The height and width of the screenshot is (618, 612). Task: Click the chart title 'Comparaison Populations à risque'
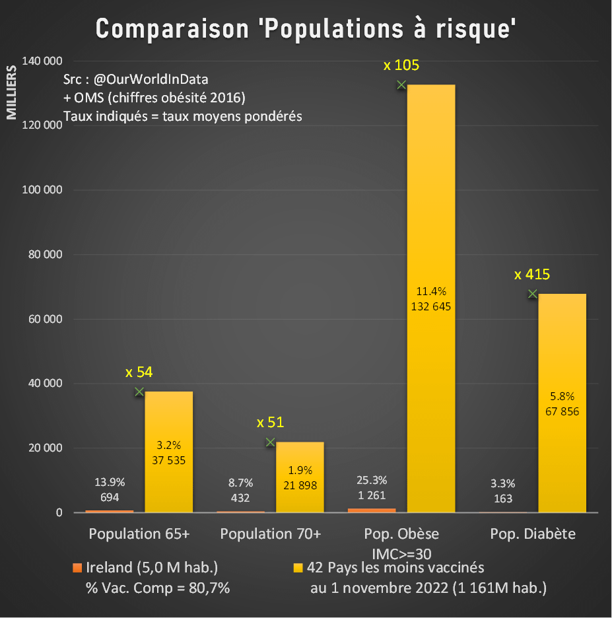pyautogui.click(x=306, y=29)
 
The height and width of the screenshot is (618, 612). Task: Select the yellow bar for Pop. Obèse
pyautogui.click(x=430, y=198)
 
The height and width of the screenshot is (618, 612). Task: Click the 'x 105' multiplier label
pyautogui.click(x=401, y=65)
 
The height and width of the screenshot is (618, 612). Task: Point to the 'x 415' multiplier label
pyautogui.click(x=532, y=275)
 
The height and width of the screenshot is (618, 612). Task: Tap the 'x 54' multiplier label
pyautogui.click(x=139, y=372)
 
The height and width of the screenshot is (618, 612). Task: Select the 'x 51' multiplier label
pyautogui.click(x=270, y=423)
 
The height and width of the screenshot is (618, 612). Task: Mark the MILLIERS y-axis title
pyautogui.click(x=11, y=92)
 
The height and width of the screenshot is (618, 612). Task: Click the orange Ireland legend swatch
pyautogui.click(x=77, y=567)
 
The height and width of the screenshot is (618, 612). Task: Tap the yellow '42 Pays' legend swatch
pyautogui.click(x=298, y=567)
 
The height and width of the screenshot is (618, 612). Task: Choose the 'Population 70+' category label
pyautogui.click(x=271, y=533)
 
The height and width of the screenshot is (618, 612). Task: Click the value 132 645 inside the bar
pyautogui.click(x=430, y=306)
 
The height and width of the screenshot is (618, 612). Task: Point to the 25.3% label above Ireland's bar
pyautogui.click(x=371, y=480)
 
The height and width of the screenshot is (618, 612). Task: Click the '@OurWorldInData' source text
pyautogui.click(x=151, y=79)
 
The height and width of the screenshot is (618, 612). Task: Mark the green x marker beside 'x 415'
pyautogui.click(x=532, y=294)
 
